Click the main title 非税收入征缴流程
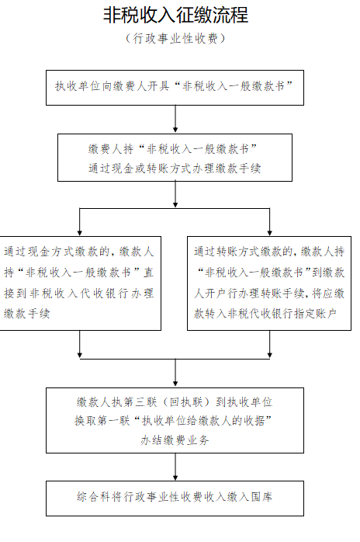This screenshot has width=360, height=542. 175,16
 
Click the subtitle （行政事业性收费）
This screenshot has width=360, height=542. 175,38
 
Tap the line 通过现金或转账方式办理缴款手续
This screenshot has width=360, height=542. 175,169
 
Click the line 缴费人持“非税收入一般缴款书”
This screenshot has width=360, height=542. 173,149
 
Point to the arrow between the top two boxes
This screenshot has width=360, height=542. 175,119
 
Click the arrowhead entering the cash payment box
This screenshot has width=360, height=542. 80,233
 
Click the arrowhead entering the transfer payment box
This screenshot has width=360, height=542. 269,233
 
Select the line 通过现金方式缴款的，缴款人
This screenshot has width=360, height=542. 79,252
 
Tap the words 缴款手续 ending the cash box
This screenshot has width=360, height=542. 27,314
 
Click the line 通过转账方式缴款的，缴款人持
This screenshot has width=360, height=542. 269,252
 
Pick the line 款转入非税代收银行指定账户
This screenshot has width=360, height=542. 265,314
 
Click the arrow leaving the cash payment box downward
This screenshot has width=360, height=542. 80,344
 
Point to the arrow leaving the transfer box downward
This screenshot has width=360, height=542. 269,344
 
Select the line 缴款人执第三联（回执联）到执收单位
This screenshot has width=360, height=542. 175,402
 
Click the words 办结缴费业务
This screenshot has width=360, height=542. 175,440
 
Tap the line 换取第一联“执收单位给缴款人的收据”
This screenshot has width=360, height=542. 173,421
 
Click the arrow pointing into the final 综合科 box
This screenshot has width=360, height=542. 175,467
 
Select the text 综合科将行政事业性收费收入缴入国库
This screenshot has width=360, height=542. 175,497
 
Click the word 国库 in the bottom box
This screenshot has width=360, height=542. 261,497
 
